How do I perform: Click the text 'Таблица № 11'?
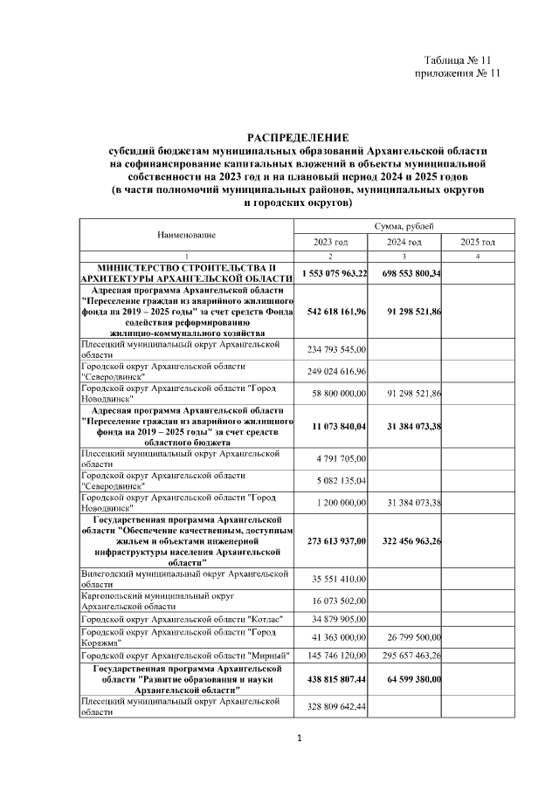coord(462,60)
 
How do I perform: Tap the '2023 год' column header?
coord(330,242)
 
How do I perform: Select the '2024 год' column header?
coord(404,242)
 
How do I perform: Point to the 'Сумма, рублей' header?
coord(404,226)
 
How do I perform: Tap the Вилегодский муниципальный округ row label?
coord(184,578)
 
